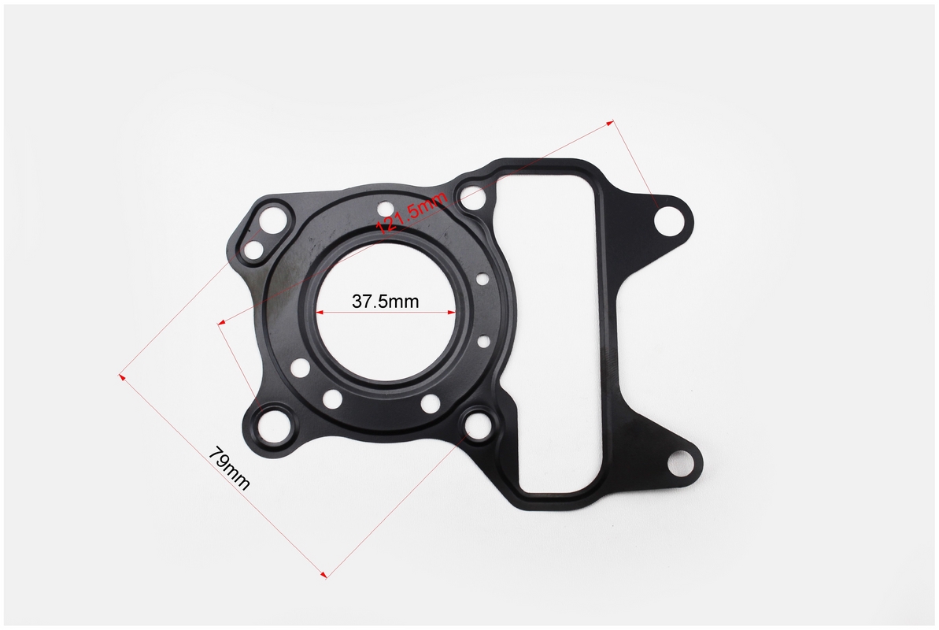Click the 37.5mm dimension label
(385, 301)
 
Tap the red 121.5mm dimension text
(412, 213)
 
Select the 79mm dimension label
(229, 469)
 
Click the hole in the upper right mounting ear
(668, 222)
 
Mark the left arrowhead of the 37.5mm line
(320, 312)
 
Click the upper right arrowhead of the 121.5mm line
(610, 124)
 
